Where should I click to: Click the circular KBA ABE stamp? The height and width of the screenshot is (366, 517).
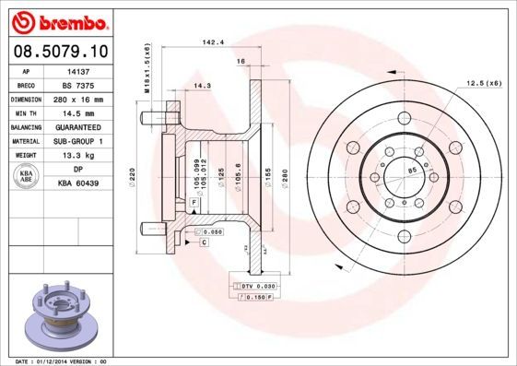(27, 176)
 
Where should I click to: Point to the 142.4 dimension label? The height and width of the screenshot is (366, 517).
(214, 42)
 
